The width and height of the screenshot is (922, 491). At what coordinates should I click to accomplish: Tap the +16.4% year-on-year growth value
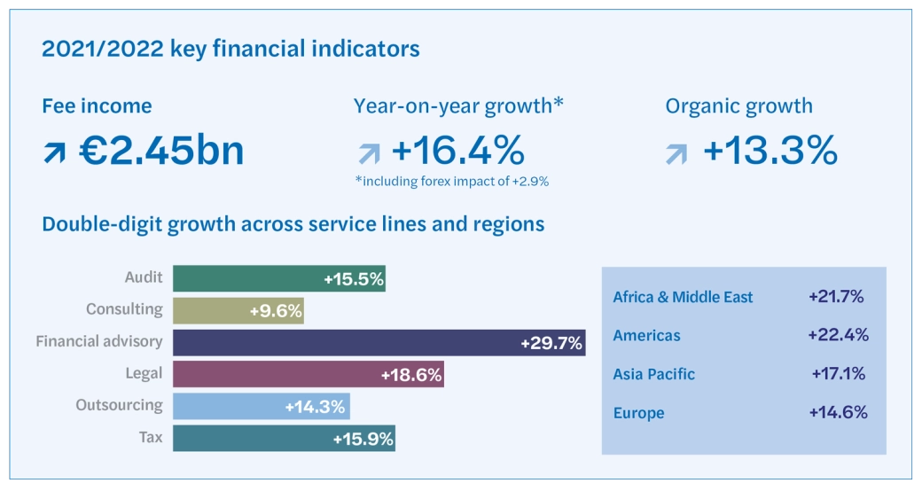[x=457, y=152]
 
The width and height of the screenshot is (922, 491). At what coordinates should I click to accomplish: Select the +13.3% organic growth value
[x=770, y=152]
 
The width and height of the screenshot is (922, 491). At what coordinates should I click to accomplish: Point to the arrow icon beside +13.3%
[x=676, y=154]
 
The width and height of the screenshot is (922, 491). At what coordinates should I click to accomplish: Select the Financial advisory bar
[x=379, y=342]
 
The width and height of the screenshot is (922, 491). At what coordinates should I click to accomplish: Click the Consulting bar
[x=238, y=311]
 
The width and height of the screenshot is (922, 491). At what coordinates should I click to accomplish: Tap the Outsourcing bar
[x=261, y=406]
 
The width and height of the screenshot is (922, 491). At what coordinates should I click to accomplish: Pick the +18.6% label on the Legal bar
[x=410, y=375]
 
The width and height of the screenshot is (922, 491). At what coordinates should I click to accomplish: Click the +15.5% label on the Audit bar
[x=353, y=279]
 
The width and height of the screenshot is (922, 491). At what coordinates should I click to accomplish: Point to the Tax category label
[x=151, y=437]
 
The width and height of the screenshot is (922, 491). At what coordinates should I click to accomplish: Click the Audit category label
[x=144, y=277]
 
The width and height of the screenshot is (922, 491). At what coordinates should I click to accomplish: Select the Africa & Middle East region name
[x=683, y=297]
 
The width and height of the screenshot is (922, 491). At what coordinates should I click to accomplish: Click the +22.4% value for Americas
[x=838, y=335]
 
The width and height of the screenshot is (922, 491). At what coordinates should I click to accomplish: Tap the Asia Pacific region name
[x=653, y=374]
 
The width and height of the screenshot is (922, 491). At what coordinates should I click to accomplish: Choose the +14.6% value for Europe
[x=838, y=412]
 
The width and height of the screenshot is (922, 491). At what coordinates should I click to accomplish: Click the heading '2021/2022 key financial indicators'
[x=230, y=48]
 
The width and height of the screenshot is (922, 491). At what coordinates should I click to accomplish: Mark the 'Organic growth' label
[x=738, y=106]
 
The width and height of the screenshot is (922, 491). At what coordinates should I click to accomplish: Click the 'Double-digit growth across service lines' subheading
[x=293, y=224]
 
